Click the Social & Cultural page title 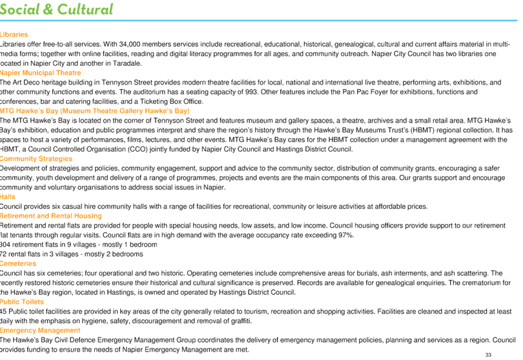coord(56,9)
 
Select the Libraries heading coord(14,34)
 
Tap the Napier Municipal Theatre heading coord(41,73)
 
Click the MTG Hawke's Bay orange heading coord(95,111)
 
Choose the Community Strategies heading coord(36,159)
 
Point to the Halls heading coord(8,197)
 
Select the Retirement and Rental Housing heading coord(51,216)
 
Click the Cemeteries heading coord(18,264)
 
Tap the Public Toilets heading coord(22,302)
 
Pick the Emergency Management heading coord(40,331)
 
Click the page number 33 coord(488,355)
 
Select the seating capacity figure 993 coord(251,92)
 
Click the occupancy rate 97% coord(346,235)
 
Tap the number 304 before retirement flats coord(5,245)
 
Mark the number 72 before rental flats coord(3,254)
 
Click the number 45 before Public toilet coord(3,312)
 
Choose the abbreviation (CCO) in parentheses coord(137,149)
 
